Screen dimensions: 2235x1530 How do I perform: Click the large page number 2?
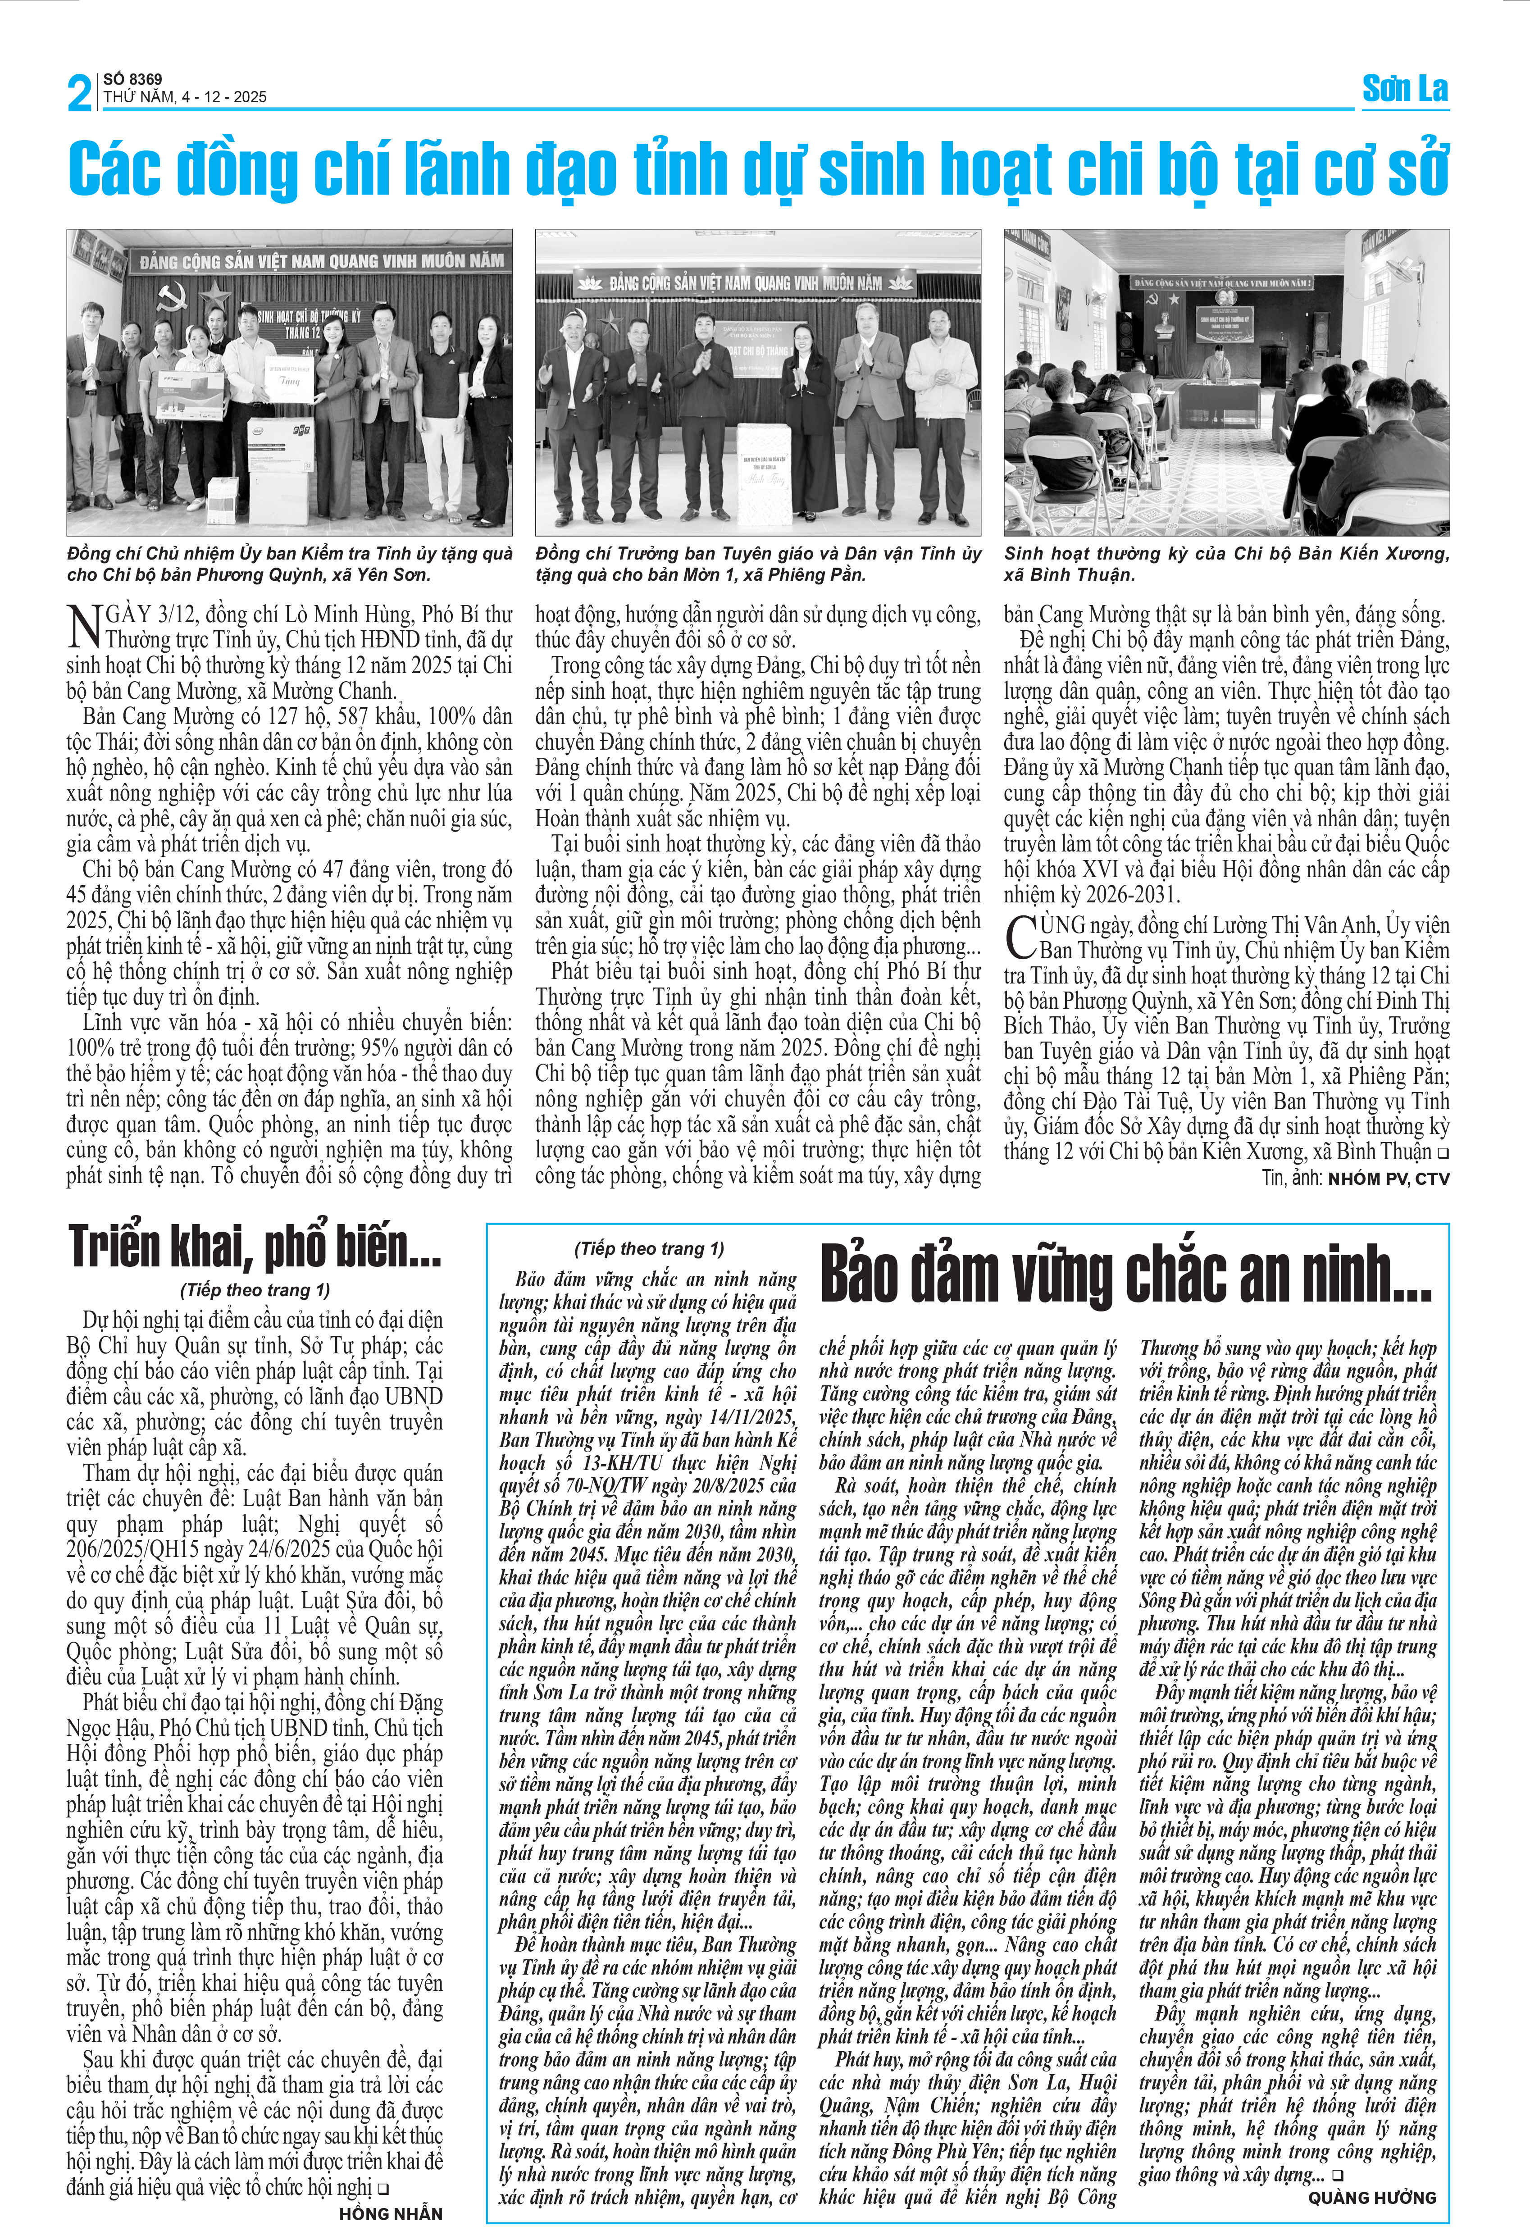coord(80,93)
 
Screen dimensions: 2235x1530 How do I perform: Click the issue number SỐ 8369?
coord(133,79)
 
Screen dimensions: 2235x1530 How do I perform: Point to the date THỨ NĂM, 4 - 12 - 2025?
coord(185,97)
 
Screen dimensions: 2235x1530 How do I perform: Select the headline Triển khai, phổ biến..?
coord(255,1247)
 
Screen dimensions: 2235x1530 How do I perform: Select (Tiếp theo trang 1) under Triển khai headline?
coord(255,1290)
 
